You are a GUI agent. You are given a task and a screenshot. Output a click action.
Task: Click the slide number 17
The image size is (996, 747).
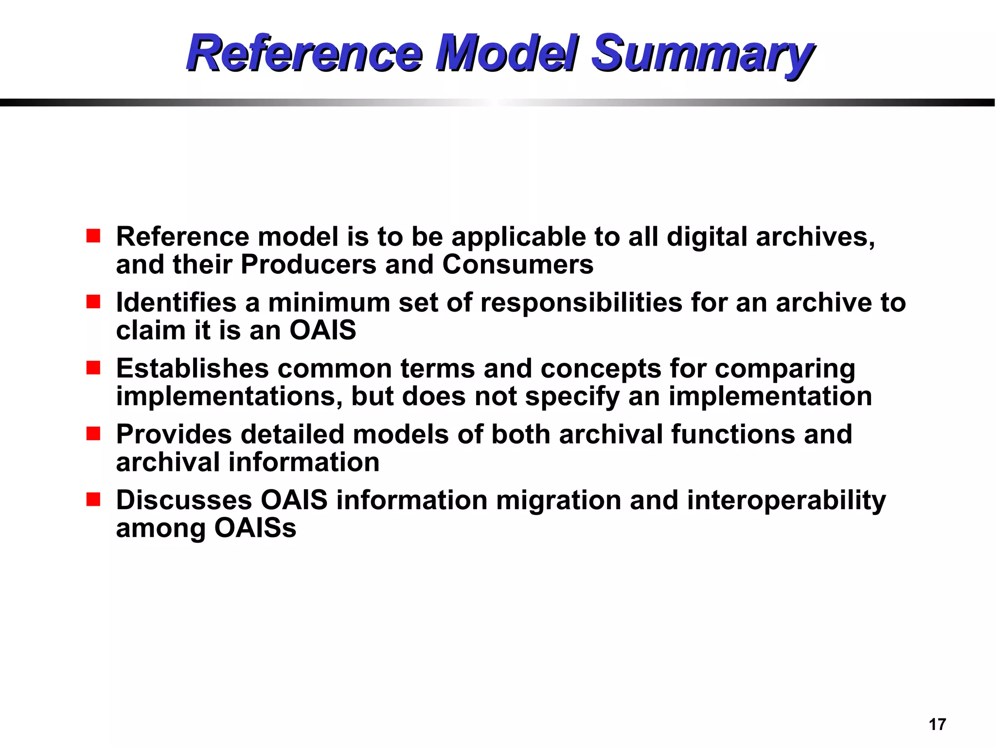coord(937,724)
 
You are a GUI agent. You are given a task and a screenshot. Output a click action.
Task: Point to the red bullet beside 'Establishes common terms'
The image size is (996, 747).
coord(93,368)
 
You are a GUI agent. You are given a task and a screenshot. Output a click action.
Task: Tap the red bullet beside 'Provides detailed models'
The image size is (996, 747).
coord(93,433)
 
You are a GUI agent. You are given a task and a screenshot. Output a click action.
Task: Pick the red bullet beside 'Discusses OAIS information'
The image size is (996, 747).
coord(93,499)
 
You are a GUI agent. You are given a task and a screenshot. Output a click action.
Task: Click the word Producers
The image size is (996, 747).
coord(308,265)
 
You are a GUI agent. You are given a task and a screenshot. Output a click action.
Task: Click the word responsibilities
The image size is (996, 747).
coord(581,302)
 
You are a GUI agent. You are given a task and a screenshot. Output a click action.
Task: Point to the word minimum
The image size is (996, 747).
coord(329,302)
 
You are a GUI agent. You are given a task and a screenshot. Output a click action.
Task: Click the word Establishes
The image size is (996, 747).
coord(192,368)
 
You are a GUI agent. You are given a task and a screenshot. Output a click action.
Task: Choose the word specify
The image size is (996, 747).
coord(572,397)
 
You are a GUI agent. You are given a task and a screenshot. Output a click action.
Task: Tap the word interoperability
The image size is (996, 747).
coord(786,501)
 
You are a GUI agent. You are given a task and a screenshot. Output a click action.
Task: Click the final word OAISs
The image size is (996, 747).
coord(255,528)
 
